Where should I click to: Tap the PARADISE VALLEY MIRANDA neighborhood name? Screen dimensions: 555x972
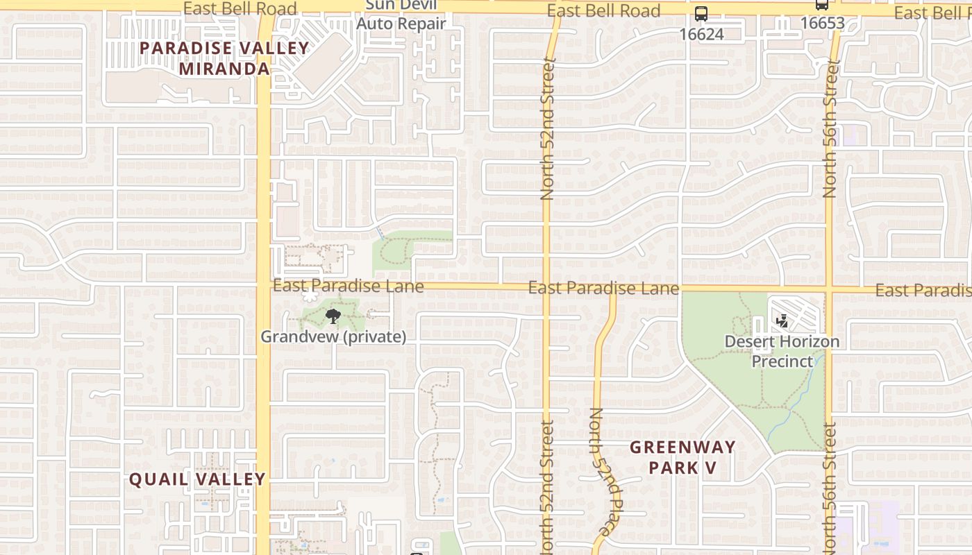(x=224, y=58)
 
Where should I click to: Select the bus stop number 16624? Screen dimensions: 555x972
(x=701, y=34)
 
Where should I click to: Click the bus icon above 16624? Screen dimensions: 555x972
(x=701, y=14)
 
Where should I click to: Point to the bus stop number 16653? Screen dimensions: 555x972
(x=822, y=23)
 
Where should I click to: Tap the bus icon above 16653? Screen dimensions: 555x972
(x=822, y=5)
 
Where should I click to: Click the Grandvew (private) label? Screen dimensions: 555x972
(x=333, y=336)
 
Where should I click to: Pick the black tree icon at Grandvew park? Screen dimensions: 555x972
(x=333, y=317)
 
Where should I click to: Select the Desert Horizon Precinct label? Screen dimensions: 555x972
(x=782, y=351)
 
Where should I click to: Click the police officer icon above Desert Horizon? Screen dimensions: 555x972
(x=782, y=321)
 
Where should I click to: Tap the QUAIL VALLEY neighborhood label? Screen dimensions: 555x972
(x=198, y=479)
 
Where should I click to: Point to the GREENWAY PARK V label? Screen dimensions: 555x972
(x=682, y=457)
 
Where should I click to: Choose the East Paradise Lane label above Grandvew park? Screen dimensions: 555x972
(x=348, y=286)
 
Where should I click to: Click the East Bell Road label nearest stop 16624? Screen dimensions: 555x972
(x=603, y=11)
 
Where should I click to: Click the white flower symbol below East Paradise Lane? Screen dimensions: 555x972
(x=309, y=296)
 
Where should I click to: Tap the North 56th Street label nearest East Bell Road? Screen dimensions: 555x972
(x=831, y=128)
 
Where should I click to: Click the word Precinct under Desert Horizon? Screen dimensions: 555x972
(x=782, y=361)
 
